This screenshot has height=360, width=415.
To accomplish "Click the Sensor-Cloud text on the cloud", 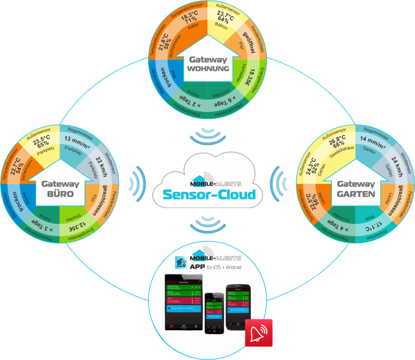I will click(207, 192).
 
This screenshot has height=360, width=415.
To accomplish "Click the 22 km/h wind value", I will click(103, 162).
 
